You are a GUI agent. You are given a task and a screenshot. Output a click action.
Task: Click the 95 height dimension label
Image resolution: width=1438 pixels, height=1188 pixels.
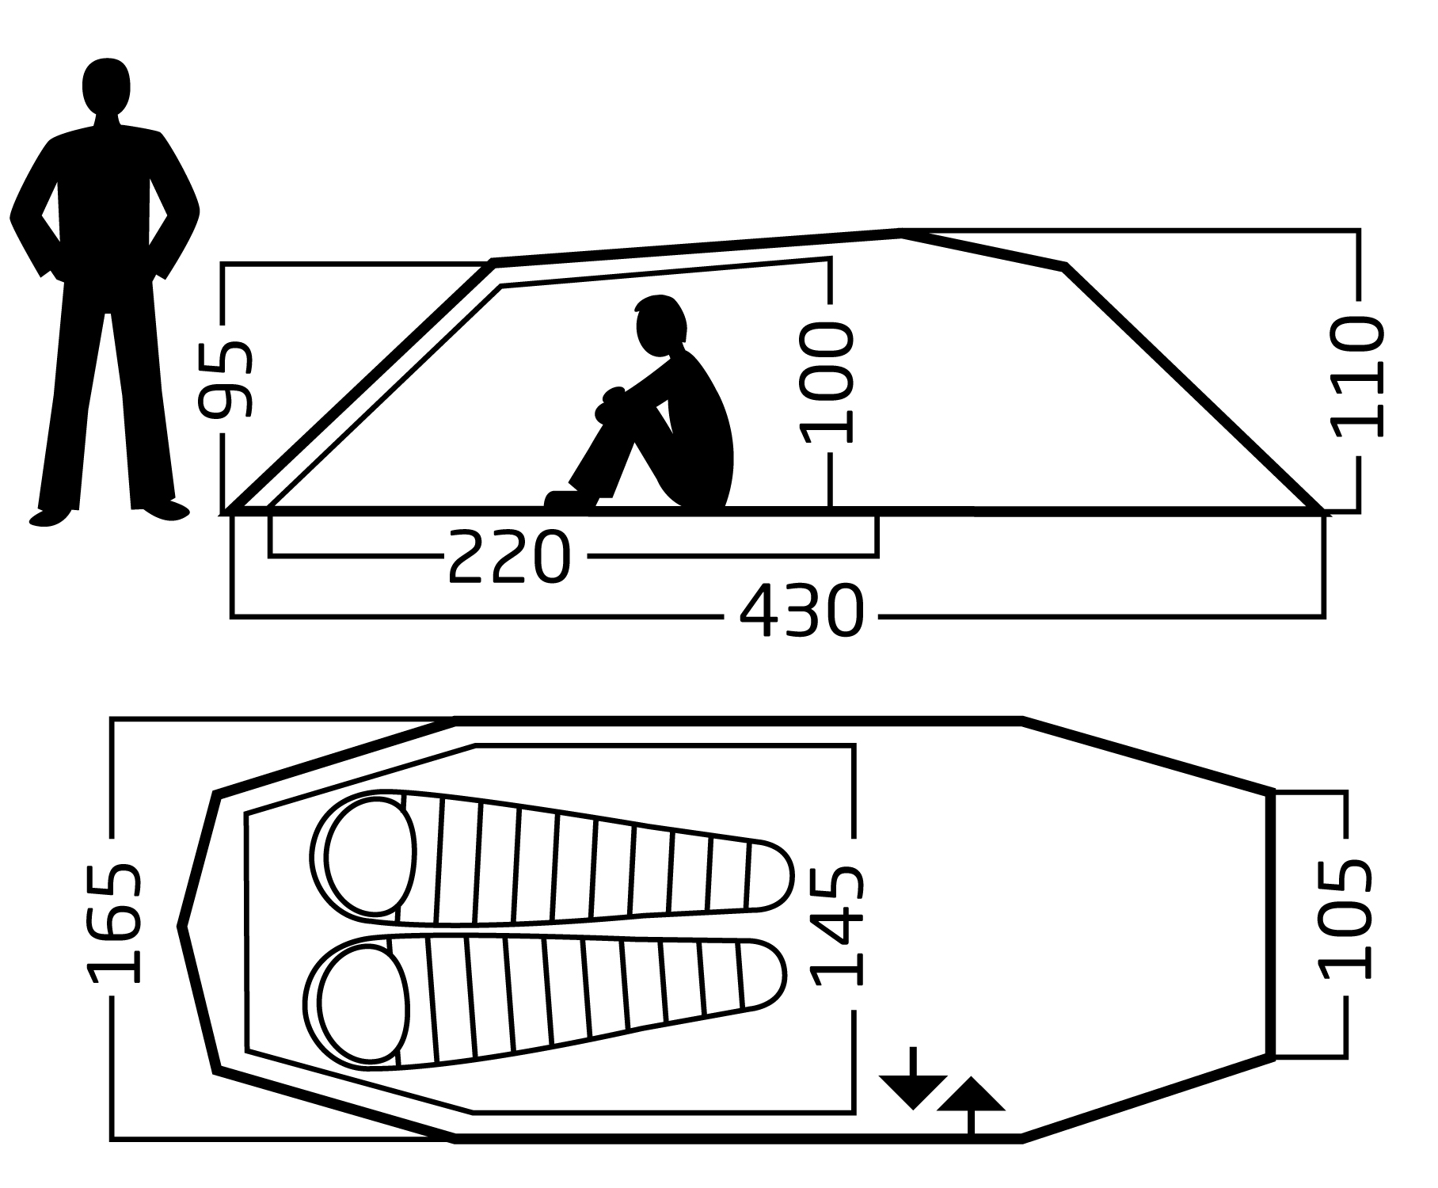pyautogui.click(x=226, y=380)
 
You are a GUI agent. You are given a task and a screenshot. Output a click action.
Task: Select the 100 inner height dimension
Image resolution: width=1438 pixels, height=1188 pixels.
pyautogui.click(x=827, y=382)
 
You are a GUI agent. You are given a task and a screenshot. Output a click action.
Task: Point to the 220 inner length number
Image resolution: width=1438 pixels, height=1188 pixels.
pyautogui.click(x=509, y=558)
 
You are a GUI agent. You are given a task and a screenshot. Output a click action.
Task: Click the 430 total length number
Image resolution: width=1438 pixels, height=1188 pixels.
pyautogui.click(x=801, y=611)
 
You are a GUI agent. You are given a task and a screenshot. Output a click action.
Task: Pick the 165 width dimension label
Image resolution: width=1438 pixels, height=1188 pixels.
pyautogui.click(x=114, y=923)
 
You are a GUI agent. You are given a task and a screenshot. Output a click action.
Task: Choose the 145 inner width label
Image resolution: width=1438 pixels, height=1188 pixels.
pyautogui.click(x=836, y=925)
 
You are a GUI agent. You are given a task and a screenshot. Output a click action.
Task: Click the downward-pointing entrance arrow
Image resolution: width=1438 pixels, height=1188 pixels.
pyautogui.click(x=913, y=1078)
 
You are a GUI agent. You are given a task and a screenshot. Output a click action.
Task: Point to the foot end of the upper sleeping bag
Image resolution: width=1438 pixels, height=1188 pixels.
pyautogui.click(x=768, y=875)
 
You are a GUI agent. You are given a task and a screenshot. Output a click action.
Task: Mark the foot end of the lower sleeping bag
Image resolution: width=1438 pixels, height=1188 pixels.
pyautogui.click(x=762, y=974)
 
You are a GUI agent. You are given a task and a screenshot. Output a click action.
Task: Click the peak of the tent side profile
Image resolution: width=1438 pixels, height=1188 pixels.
pyautogui.click(x=901, y=232)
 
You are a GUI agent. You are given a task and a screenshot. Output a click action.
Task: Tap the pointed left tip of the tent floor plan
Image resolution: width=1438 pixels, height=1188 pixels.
pyautogui.click(x=181, y=925)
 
